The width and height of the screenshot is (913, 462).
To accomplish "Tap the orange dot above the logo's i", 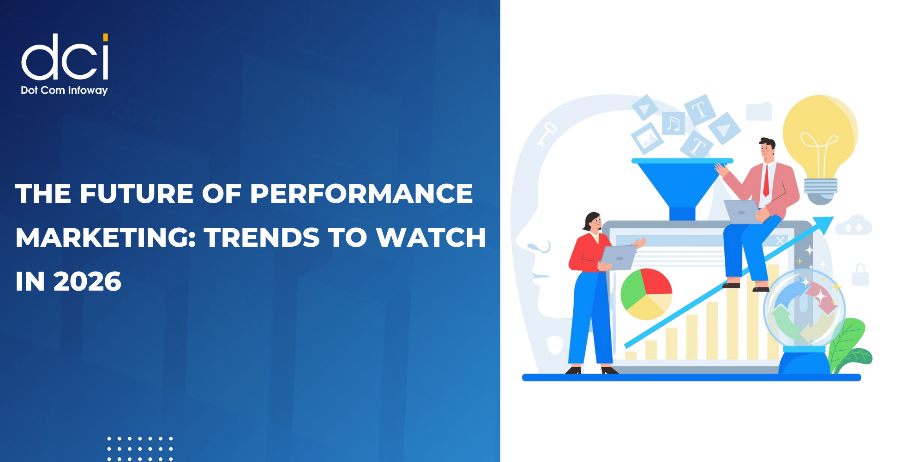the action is [106, 37].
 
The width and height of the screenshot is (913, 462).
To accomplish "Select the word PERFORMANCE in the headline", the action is [361, 193].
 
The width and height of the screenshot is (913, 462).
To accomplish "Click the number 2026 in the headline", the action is [87, 281].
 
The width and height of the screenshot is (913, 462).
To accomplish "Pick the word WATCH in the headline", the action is [431, 237].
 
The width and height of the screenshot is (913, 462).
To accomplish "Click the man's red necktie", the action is [766, 180].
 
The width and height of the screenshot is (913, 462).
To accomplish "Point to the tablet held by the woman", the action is [619, 257].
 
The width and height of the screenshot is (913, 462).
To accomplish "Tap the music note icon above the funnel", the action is [674, 123].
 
